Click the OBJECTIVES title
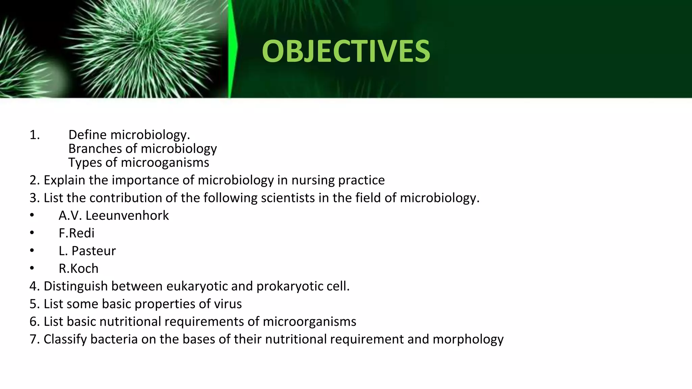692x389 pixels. [x=346, y=51]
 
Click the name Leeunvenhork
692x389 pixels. [x=127, y=215]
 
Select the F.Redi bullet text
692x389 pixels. [x=76, y=233]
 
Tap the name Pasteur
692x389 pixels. [x=94, y=251]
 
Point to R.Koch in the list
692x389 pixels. [x=78, y=268]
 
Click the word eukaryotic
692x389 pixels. [x=197, y=286]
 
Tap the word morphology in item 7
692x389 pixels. [x=468, y=339]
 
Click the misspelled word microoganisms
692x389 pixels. [x=165, y=163]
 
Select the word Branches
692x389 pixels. [x=93, y=149]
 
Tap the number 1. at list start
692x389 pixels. [x=34, y=135]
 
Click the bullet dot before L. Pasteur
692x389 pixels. [x=32, y=251]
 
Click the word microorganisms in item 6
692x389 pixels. [x=309, y=321]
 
